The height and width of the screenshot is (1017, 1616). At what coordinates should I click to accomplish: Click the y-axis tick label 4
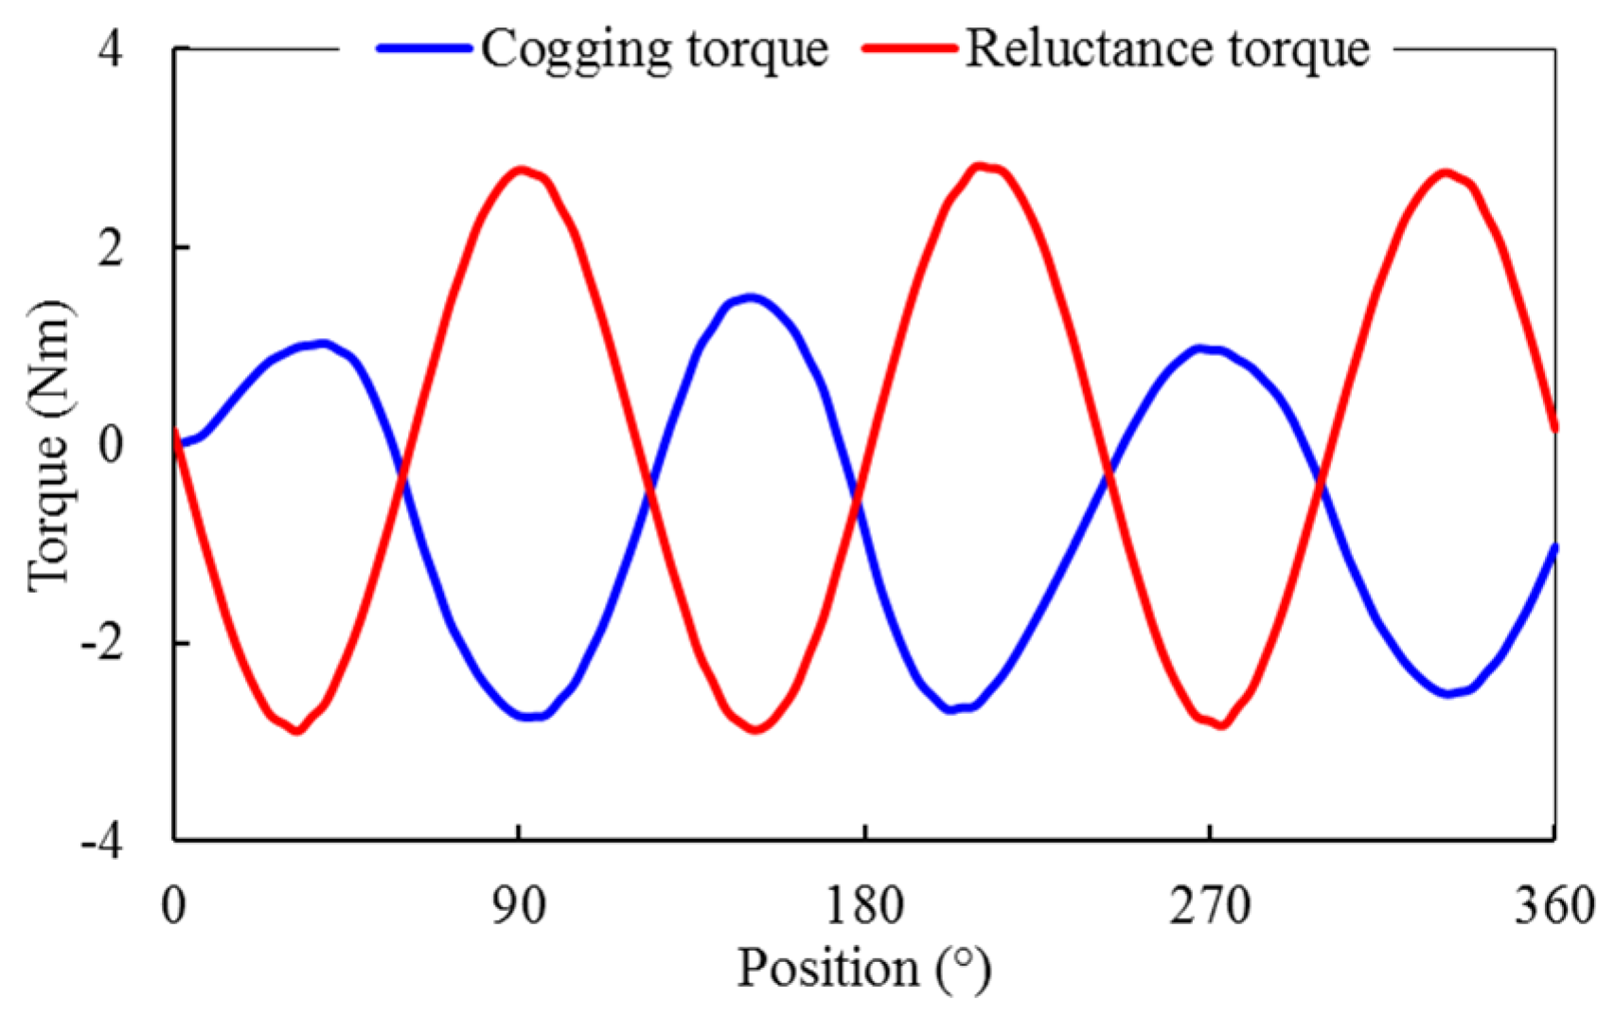tap(111, 49)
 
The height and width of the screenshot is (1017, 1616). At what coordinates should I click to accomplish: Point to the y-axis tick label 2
tap(111, 247)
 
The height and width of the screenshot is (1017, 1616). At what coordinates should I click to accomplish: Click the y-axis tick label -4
tap(102, 841)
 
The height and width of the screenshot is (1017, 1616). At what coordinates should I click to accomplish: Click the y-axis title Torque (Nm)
tap(49, 445)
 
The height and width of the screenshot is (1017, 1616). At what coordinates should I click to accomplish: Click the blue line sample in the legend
tap(424, 48)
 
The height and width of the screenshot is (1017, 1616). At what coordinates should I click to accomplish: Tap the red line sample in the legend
tap(910, 48)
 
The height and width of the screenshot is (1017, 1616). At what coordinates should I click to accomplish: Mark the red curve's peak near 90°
tap(520, 170)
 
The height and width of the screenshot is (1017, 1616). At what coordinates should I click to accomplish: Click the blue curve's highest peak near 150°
tap(751, 297)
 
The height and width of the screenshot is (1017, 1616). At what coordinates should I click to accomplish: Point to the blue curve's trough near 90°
tap(531, 716)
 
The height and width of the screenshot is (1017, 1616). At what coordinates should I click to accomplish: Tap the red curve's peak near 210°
tap(980, 167)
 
